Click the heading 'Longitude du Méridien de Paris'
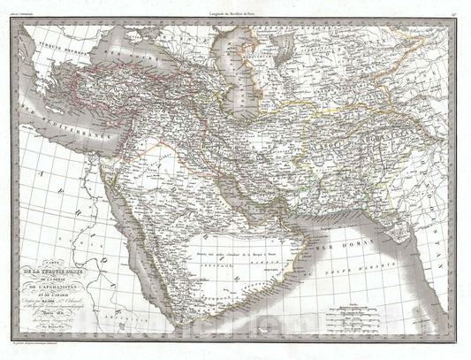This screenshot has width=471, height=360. coord(235,9)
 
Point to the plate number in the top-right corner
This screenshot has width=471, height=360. coord(452,10)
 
